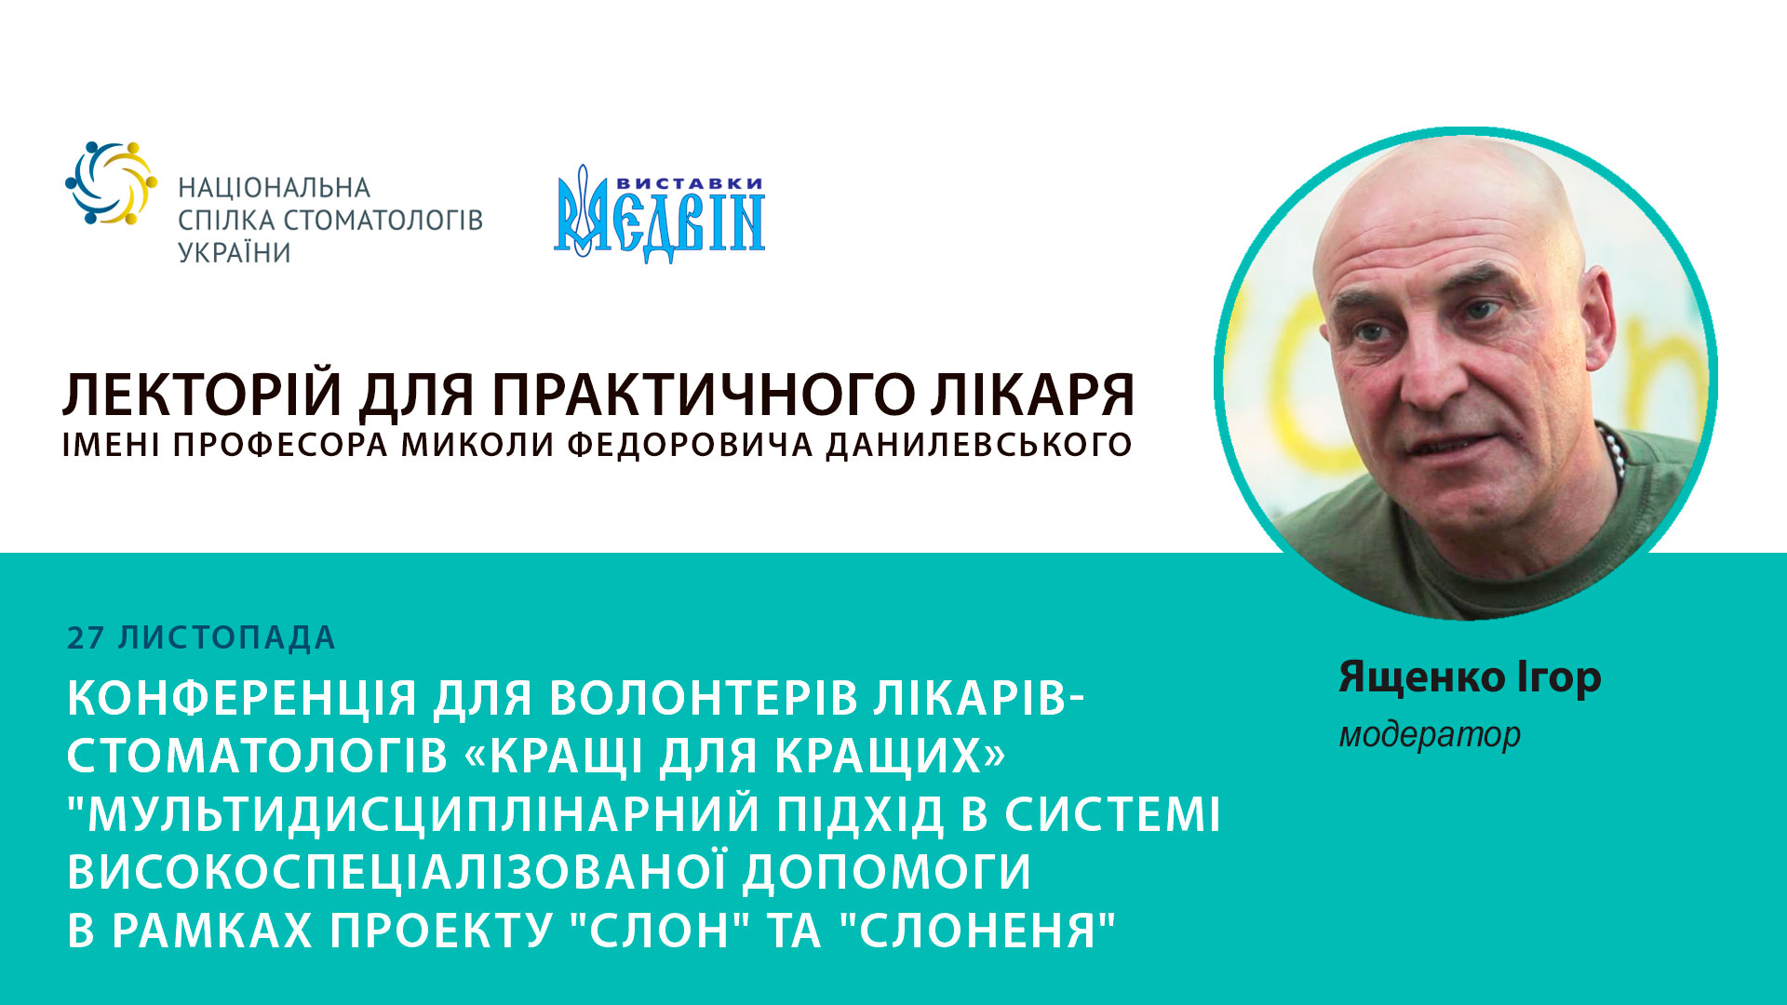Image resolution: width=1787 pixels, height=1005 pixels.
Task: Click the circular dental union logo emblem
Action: pos(111,183)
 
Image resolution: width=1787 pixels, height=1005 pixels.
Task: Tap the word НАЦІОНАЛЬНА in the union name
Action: pos(274,188)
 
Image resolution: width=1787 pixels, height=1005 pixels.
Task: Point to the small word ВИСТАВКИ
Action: pos(690,183)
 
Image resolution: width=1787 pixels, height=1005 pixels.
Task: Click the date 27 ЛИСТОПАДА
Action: pos(201,638)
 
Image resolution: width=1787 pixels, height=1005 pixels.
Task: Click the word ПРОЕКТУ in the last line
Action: pos(441,930)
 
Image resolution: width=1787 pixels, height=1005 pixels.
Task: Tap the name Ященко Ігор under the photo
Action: pos(1470,677)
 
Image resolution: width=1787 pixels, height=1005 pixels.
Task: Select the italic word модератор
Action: pos(1430,735)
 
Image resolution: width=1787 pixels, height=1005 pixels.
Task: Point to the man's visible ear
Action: pos(1599,326)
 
